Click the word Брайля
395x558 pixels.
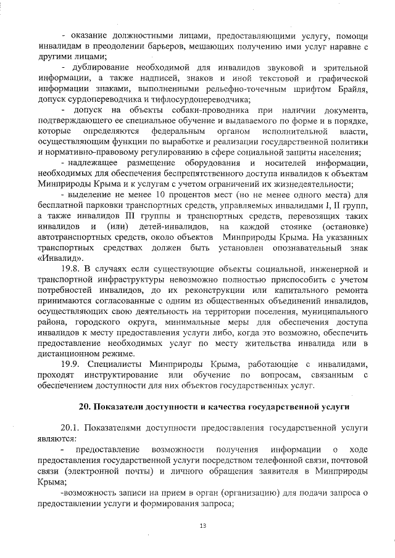354,91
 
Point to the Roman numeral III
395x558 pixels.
94,218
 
